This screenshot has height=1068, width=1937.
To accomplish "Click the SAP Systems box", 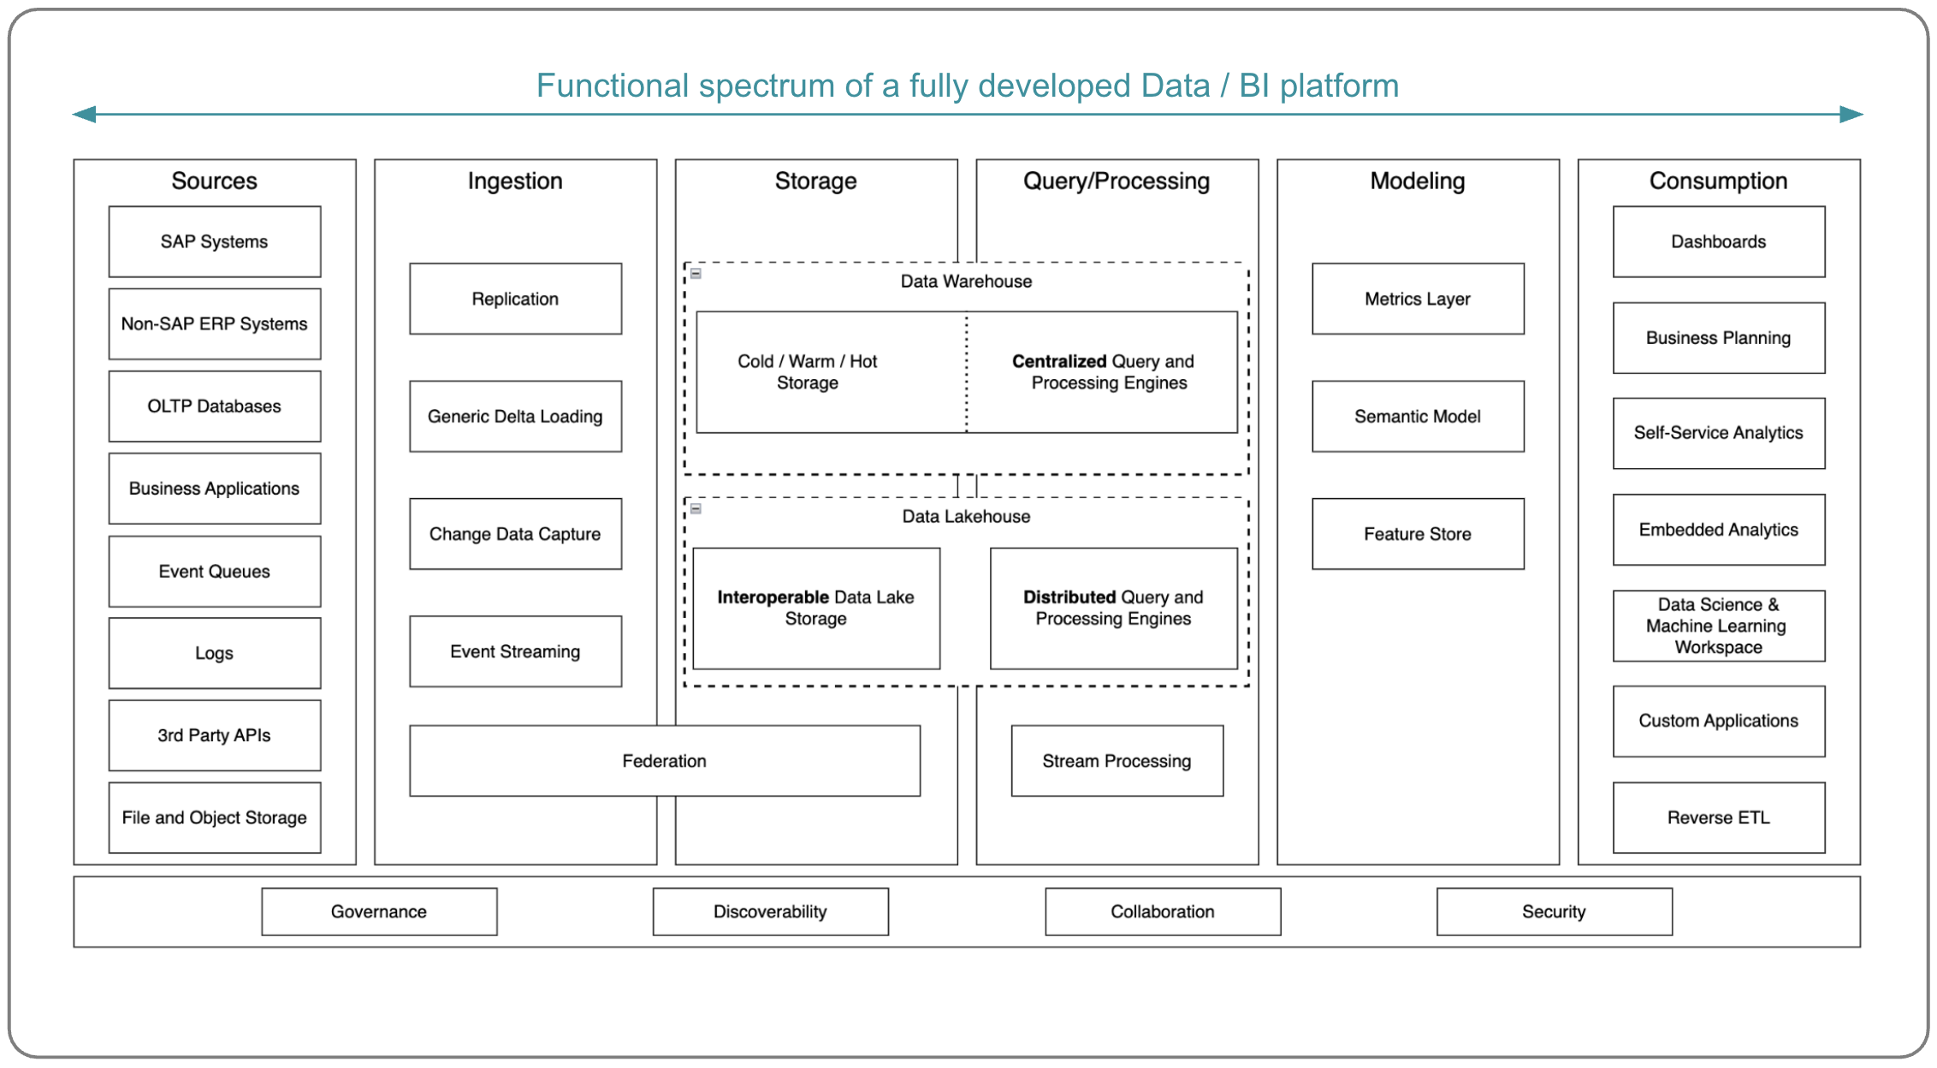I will pyautogui.click(x=214, y=241).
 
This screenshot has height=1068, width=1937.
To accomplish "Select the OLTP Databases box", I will pyautogui.click(x=214, y=406).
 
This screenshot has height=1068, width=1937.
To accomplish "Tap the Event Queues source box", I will pyautogui.click(x=214, y=571).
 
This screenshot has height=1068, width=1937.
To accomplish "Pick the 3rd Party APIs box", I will pyautogui.click(x=214, y=735).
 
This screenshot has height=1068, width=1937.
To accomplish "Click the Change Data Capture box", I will pyautogui.click(x=515, y=534).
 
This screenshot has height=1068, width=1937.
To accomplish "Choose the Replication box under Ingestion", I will pyautogui.click(x=515, y=299).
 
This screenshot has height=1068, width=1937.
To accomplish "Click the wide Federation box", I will pyautogui.click(x=664, y=761).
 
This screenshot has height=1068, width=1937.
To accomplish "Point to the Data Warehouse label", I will pyautogui.click(x=966, y=282).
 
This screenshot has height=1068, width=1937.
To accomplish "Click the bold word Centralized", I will pyautogui.click(x=1059, y=361).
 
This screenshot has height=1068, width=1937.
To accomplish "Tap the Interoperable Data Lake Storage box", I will pyautogui.click(x=815, y=608).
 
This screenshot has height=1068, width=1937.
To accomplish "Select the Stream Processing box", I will pyautogui.click(x=1117, y=761).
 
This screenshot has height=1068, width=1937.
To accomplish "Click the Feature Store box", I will pyautogui.click(x=1418, y=534).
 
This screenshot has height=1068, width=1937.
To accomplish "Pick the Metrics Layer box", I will pyautogui.click(x=1418, y=299).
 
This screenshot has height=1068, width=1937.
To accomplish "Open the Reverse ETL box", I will pyautogui.click(x=1718, y=817).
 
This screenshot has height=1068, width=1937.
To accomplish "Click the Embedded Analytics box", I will pyautogui.click(x=1718, y=530).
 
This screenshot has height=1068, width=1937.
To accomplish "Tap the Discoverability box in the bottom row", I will pyautogui.click(x=770, y=911).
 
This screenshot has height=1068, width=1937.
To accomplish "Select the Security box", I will pyautogui.click(x=1554, y=911).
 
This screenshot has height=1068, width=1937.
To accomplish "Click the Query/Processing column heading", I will pyautogui.click(x=1117, y=181).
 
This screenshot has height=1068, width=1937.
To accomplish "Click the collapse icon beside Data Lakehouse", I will pyautogui.click(x=696, y=509).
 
